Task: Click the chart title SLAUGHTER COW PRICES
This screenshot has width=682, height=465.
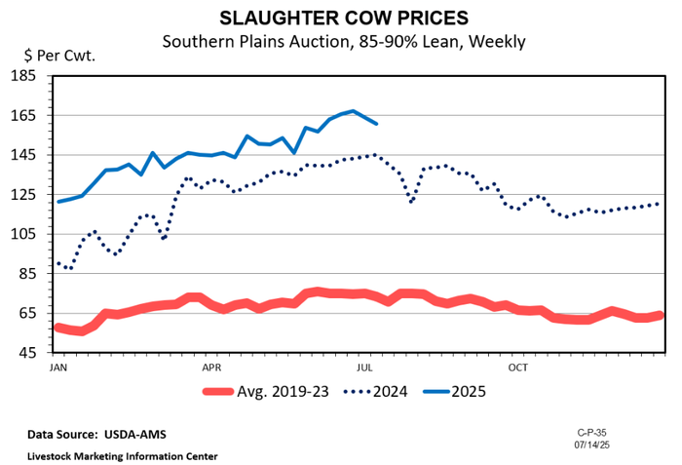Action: coord(342,19)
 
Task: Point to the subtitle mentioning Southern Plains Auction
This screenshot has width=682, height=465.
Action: coord(343,41)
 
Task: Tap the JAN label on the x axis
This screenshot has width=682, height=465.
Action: coord(57,368)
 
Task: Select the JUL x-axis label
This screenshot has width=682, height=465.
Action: coord(365,368)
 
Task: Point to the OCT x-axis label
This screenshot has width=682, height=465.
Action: coord(517,368)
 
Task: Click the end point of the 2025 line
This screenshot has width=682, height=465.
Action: coord(376,124)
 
